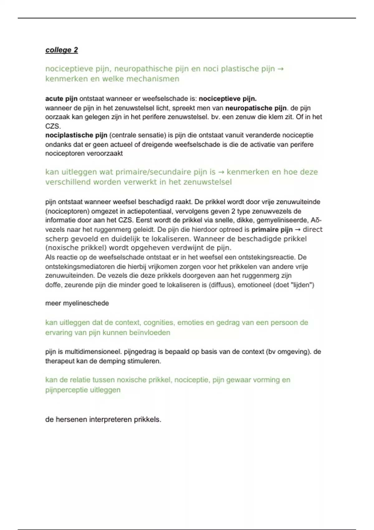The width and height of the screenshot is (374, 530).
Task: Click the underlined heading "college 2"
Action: coord(61,50)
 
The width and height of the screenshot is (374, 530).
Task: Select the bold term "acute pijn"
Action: coord(61,99)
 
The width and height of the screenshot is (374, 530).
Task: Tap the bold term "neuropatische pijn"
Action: coord(256,108)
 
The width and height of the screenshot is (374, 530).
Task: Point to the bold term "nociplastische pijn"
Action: coord(76,135)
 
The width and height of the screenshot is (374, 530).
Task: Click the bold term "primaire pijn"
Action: coord(272,230)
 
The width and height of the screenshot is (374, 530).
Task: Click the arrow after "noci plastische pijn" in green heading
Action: coord(280,69)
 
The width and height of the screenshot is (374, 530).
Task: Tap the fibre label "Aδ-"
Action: coord(316,220)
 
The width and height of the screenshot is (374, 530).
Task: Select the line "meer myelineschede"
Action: coord(77,303)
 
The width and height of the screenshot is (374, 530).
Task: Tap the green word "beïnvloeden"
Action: coord(151,333)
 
